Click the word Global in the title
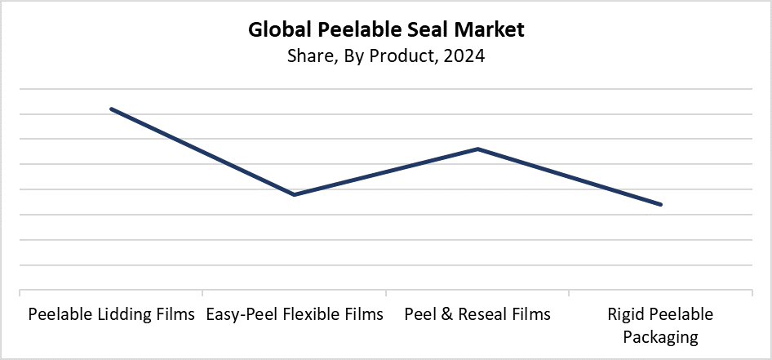[279, 31]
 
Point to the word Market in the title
[488, 31]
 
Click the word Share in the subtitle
[307, 58]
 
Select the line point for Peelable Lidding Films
[112, 109]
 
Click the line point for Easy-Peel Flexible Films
[294, 194]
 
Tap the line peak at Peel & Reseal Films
[477, 149]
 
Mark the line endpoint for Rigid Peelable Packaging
[660, 204]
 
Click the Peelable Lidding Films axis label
[112, 314]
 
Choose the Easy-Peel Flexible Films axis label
[294, 314]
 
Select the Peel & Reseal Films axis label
[477, 314]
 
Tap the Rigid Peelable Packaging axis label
[660, 325]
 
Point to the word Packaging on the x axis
[660, 336]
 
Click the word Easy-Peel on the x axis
[237, 314]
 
